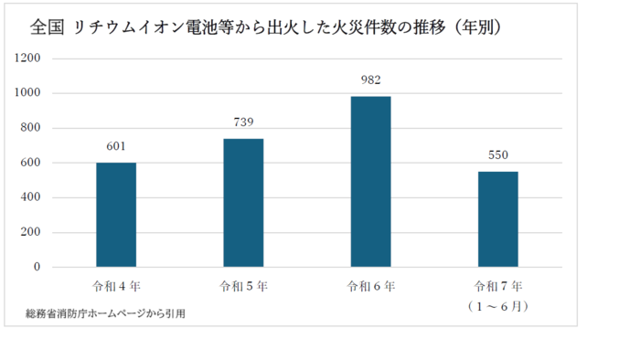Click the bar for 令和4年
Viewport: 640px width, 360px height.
pyautogui.click(x=116, y=215)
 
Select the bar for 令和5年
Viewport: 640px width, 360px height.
pyautogui.click(x=243, y=203)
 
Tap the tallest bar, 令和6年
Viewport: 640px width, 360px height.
pyautogui.click(x=370, y=182)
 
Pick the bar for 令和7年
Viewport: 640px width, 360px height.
pyautogui.click(x=497, y=219)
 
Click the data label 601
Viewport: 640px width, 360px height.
pyautogui.click(x=116, y=146)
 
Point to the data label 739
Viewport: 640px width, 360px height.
pyautogui.click(x=243, y=122)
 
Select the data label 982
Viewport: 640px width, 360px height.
pyautogui.click(x=370, y=80)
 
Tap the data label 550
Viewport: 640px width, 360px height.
pyautogui.click(x=497, y=155)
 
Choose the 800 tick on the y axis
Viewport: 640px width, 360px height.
pyautogui.click(x=31, y=128)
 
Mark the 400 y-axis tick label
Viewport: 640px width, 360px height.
pyautogui.click(x=31, y=197)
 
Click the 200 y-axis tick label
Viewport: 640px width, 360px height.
pyautogui.click(x=31, y=232)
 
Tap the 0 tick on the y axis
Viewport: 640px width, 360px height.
pyautogui.click(x=37, y=267)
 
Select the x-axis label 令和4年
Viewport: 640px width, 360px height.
pyautogui.click(x=116, y=287)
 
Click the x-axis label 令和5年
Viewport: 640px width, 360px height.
pyautogui.click(x=243, y=287)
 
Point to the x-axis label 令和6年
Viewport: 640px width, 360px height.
pyautogui.click(x=370, y=287)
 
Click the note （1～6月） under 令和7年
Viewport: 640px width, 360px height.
pyautogui.click(x=497, y=307)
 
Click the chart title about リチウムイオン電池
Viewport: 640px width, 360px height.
pyautogui.click(x=265, y=28)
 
